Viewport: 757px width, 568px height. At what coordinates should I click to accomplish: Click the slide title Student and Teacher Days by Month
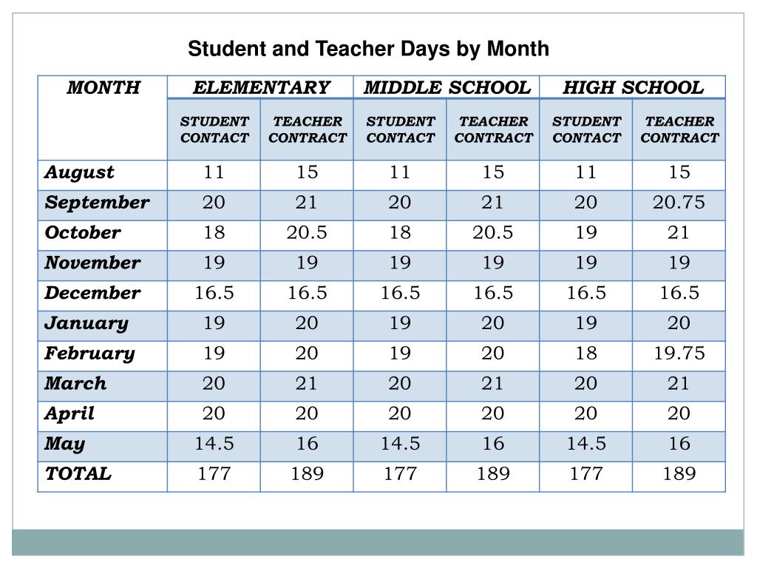[x=368, y=50]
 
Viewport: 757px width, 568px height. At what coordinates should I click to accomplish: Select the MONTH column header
[x=103, y=88]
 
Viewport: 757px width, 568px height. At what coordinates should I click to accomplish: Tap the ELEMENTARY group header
[x=261, y=88]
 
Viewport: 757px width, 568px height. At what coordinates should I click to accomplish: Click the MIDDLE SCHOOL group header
[x=447, y=88]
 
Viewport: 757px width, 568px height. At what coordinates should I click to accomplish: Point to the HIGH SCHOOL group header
[x=633, y=88]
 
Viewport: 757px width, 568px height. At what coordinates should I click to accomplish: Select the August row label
[x=79, y=173]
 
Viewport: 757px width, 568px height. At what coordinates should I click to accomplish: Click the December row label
[x=92, y=293]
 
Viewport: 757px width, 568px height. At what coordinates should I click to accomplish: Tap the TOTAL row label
[x=78, y=474]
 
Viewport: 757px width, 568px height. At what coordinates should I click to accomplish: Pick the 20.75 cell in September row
[x=679, y=203]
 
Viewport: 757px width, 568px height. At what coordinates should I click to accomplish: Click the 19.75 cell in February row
[x=679, y=354]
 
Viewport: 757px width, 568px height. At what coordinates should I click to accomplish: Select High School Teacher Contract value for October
[x=679, y=233]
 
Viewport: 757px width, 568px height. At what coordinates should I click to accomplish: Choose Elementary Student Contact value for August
[x=214, y=173]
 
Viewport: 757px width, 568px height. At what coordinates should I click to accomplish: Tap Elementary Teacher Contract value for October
[x=307, y=233]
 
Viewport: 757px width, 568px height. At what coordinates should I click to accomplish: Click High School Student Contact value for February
[x=586, y=354]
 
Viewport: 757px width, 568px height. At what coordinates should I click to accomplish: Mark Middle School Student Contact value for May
[x=400, y=444]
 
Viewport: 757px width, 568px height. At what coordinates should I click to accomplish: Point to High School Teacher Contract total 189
[x=679, y=474]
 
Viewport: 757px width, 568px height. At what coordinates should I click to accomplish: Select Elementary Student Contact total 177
[x=214, y=474]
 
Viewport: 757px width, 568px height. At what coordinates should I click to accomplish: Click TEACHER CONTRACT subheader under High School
[x=679, y=129]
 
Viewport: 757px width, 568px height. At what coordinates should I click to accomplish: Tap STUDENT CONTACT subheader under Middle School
[x=400, y=129]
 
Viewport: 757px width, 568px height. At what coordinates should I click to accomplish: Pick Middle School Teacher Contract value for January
[x=493, y=323]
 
